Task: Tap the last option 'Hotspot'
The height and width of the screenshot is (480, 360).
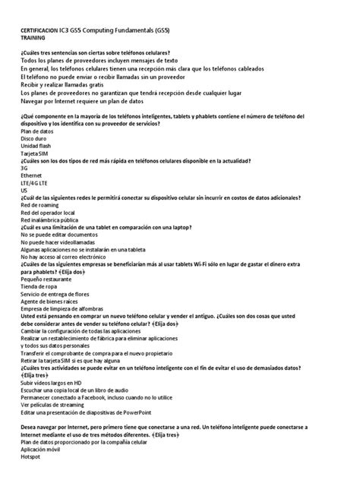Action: (x=31, y=457)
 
